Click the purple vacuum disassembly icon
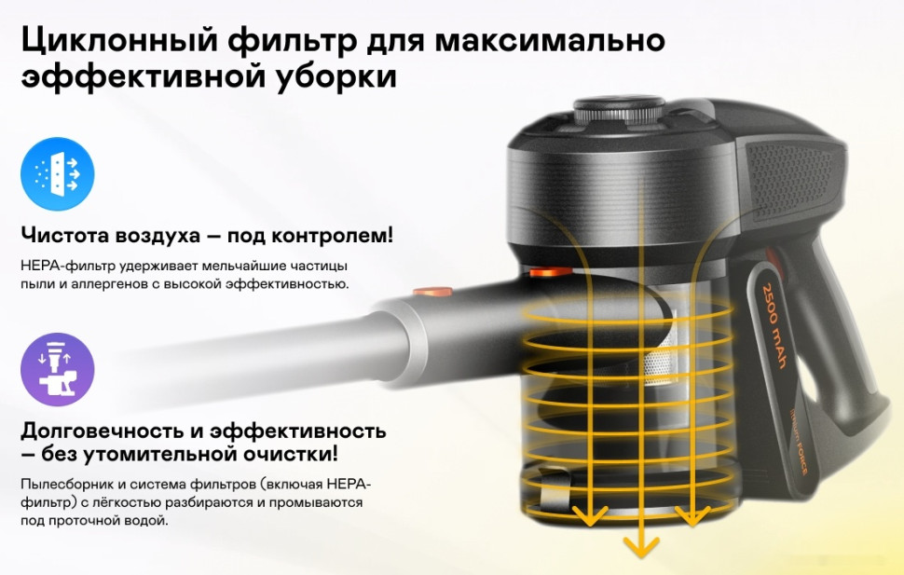coord(57,370)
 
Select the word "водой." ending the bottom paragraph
coord(150,519)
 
